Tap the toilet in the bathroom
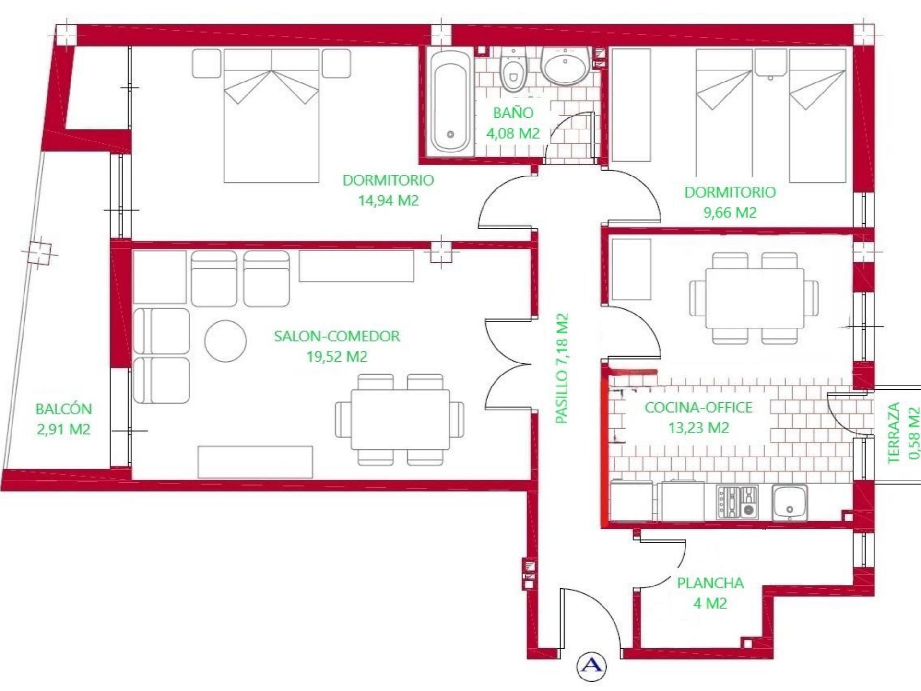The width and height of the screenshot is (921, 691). [513, 72]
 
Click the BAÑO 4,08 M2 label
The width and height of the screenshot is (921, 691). [513, 123]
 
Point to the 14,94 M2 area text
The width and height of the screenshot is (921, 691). [388, 200]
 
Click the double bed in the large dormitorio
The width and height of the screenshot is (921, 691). [272, 115]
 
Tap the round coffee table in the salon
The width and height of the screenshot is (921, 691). [225, 341]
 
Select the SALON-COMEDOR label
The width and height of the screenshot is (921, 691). [337, 337]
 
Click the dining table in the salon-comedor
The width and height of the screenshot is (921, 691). [400, 420]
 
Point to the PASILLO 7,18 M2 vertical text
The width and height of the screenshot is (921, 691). [562, 368]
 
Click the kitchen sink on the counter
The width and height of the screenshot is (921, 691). [790, 502]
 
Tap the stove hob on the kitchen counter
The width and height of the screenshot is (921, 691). [738, 502]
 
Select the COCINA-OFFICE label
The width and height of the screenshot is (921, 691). [698, 408]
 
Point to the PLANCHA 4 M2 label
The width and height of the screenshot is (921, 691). [710, 593]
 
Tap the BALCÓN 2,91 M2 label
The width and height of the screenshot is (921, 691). [63, 419]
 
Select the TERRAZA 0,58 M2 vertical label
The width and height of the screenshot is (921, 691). [903, 433]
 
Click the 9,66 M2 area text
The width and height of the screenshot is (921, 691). [730, 212]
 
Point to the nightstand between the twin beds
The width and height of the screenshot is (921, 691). [770, 63]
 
